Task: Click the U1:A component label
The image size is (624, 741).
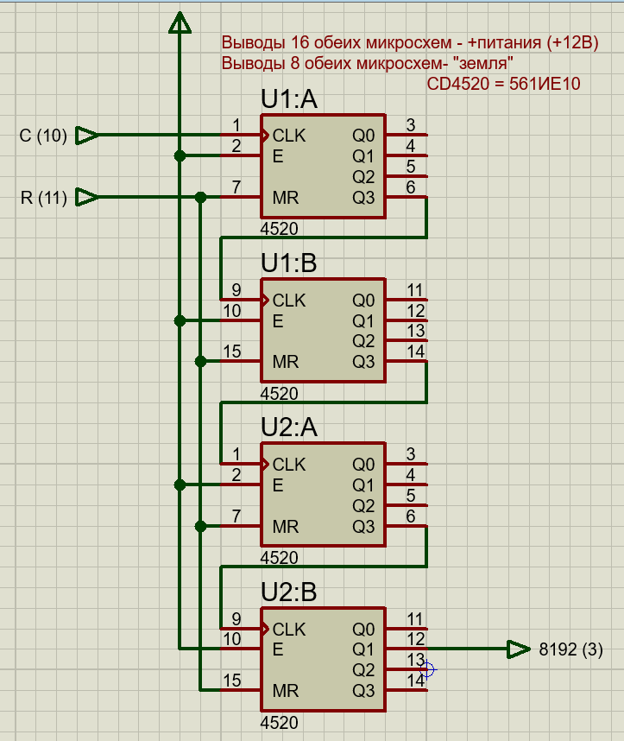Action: pos(289,100)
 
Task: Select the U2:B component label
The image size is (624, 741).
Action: pos(289,592)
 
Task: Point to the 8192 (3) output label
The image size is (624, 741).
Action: pos(570,649)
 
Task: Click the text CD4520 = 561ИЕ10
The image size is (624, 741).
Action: pos(504,84)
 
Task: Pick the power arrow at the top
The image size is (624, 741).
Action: pos(180,23)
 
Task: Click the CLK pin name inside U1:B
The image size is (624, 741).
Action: pos(289,301)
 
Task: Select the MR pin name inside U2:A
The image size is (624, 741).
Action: pos(286,527)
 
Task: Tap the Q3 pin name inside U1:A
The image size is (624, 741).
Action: pos(364,198)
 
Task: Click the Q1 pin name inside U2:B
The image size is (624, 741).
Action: pos(364,649)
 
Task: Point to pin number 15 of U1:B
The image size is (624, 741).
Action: pos(231,351)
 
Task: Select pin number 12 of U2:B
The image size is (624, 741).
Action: pos(415,639)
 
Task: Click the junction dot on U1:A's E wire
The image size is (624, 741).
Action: pos(180,156)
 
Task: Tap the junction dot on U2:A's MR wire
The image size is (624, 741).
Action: pos(200,526)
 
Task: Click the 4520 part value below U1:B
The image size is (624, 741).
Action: pos(279,394)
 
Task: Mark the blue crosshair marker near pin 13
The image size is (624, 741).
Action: pos(427,668)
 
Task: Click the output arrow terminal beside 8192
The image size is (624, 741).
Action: pos(518,649)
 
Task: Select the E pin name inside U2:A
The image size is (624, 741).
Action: pos(278,485)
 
